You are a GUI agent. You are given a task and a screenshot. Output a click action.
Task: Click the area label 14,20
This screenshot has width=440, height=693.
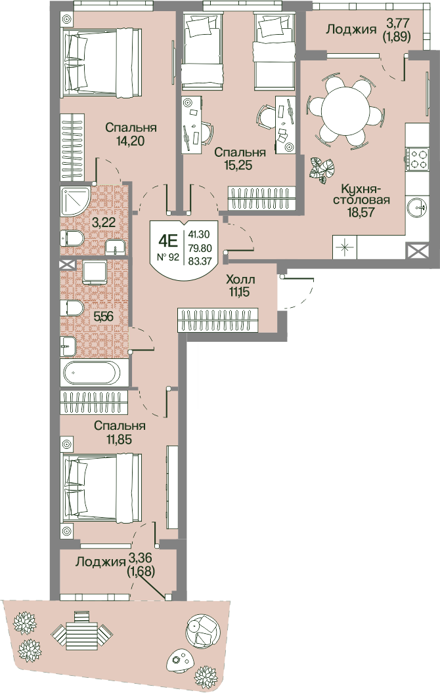click(131, 141)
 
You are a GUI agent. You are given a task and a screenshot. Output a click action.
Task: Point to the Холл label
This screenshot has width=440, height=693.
click(240, 280)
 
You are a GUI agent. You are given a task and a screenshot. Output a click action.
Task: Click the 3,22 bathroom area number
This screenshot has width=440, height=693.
click(103, 222)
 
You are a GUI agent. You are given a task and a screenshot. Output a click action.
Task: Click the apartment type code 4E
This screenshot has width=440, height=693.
click(168, 241)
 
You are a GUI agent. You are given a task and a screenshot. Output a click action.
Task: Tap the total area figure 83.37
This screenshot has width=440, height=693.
click(200, 261)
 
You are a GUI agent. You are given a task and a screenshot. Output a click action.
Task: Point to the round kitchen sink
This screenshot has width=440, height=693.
click(417, 207)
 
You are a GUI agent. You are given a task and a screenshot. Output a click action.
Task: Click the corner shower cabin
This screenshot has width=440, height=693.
click(75, 199)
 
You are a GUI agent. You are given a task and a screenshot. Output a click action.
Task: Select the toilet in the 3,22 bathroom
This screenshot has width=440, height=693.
click(72, 239)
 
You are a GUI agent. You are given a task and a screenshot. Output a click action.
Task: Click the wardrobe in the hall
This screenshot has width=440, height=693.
click(218, 320)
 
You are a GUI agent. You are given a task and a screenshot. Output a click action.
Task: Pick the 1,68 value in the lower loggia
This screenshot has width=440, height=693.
click(141, 572)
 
